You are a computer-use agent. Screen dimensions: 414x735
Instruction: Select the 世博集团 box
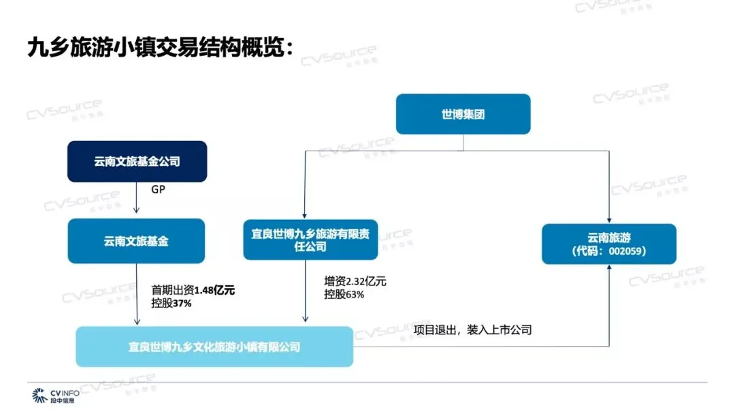coord(463,114)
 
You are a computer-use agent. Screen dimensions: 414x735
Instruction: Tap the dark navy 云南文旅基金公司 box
coord(137,161)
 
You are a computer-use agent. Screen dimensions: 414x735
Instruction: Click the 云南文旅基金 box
coord(136,240)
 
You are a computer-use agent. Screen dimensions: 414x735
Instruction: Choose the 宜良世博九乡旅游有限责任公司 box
coord(310,240)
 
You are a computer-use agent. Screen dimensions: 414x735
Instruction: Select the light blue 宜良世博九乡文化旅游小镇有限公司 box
coord(214,347)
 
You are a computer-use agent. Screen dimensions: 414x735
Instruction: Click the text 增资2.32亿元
coord(355,281)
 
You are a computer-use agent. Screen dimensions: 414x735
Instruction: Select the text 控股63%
coord(344,294)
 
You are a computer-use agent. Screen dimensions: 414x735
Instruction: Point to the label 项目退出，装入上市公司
coord(472,330)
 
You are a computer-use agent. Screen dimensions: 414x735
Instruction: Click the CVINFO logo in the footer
coord(56,396)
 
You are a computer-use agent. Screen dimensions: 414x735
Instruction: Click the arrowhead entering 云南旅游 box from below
coord(608,268)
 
